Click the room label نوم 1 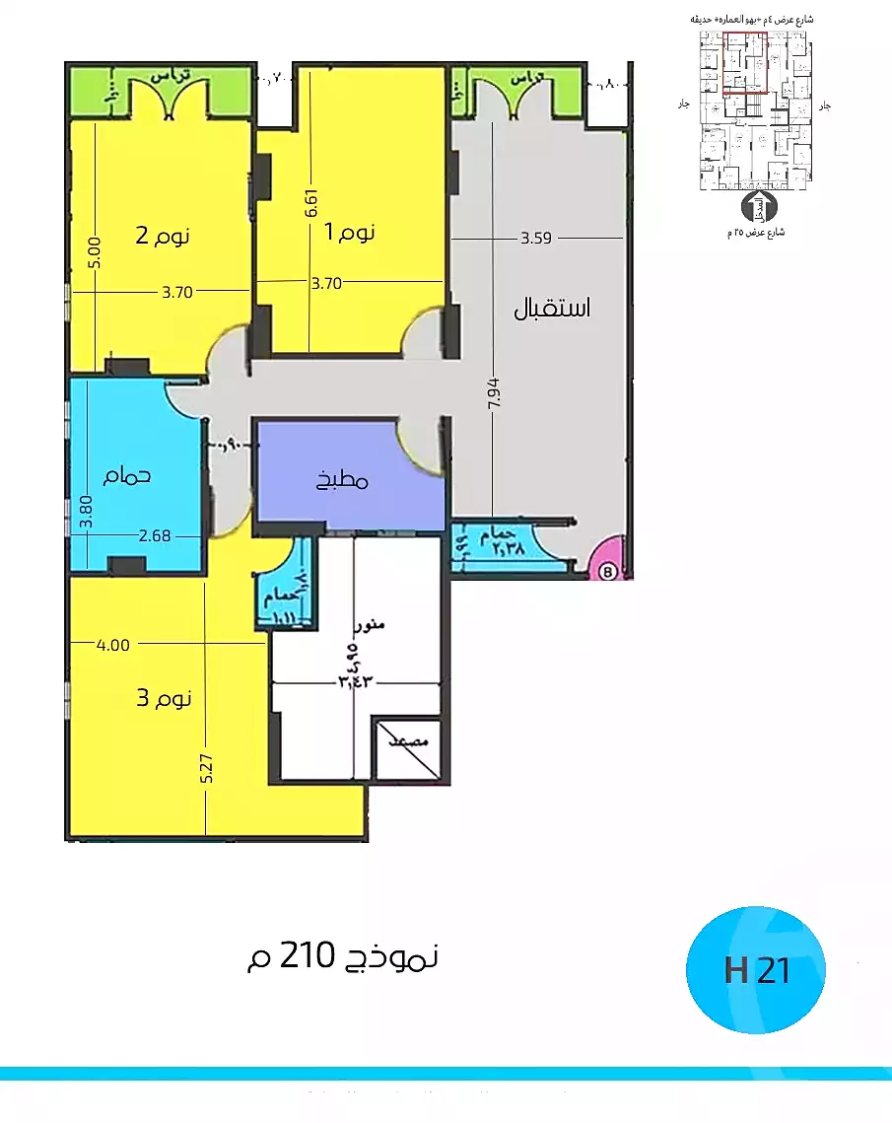[x=350, y=233]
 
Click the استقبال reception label [x=552, y=308]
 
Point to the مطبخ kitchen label [x=342, y=480]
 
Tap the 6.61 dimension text [x=310, y=202]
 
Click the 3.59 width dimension [x=536, y=238]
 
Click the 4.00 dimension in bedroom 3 [x=112, y=645]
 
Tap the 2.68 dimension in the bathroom [x=156, y=536]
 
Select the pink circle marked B [x=608, y=569]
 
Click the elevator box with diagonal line [x=406, y=746]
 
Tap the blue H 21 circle [x=756, y=970]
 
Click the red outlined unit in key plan [x=745, y=62]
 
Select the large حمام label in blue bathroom [x=127, y=475]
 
